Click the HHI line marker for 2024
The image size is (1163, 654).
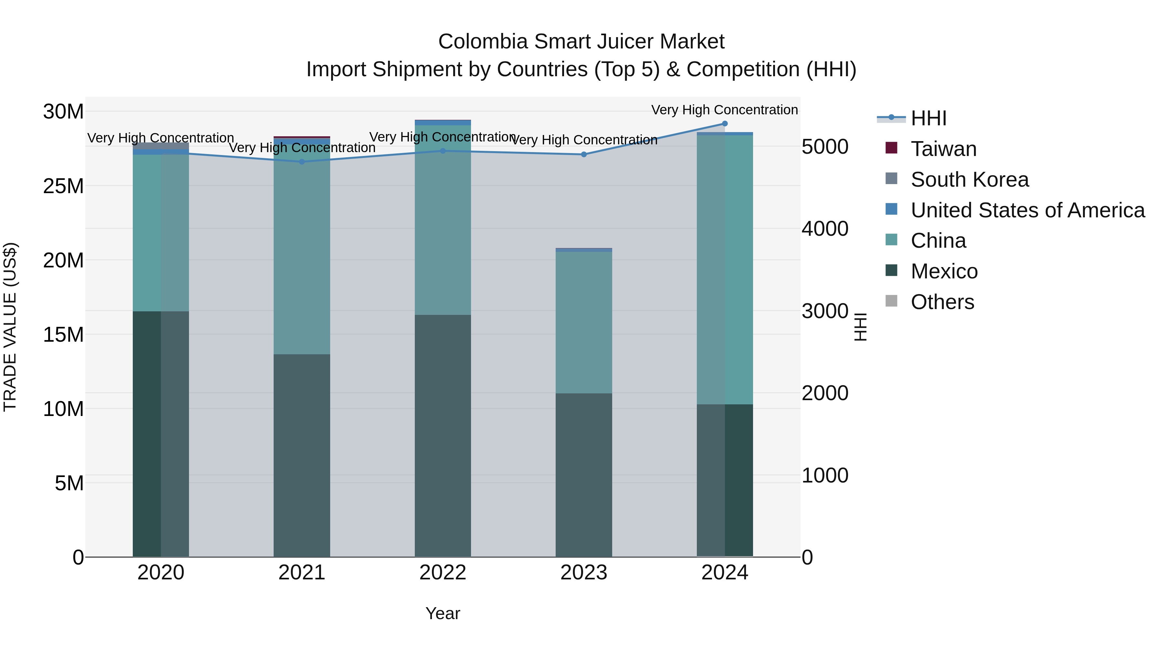pyautogui.click(x=725, y=124)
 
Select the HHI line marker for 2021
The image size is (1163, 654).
pyautogui.click(x=302, y=161)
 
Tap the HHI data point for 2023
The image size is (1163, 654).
pyautogui.click(x=584, y=154)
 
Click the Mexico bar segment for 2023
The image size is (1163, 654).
pyautogui.click(x=584, y=474)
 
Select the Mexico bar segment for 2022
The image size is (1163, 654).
pyautogui.click(x=443, y=436)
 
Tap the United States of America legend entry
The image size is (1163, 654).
pyautogui.click(x=1027, y=210)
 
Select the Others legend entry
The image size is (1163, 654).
pyautogui.click(x=942, y=302)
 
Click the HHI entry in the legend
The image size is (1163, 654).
pyautogui.click(x=928, y=118)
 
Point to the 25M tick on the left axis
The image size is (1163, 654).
pyautogui.click(x=63, y=186)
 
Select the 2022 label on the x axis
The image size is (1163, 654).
pyautogui.click(x=443, y=572)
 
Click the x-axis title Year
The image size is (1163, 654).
pyautogui.click(x=443, y=613)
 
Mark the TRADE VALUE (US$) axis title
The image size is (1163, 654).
pyautogui.click(x=10, y=327)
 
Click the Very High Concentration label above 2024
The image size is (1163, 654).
pyautogui.click(x=724, y=110)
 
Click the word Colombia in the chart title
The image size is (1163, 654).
pyautogui.click(x=483, y=42)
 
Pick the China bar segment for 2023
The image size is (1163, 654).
pyautogui.click(x=584, y=322)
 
